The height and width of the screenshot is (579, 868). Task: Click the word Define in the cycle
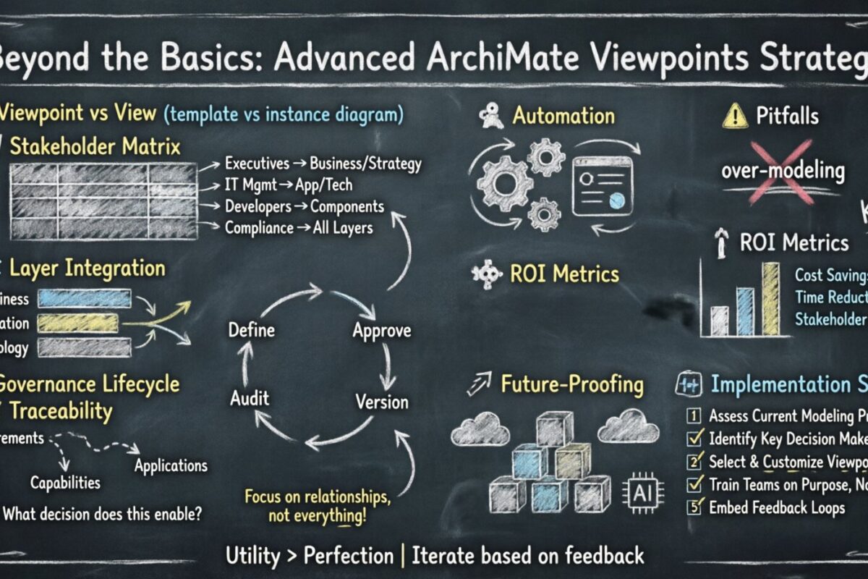252,331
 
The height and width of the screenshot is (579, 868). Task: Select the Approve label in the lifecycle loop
381,331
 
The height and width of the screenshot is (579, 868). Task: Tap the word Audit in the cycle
250,397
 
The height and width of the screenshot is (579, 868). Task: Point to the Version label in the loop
382,401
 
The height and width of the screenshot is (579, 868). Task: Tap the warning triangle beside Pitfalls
735,116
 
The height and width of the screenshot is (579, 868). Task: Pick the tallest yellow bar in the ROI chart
771,298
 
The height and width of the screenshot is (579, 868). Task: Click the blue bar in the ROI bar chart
745,311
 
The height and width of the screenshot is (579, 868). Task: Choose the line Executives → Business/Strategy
323,164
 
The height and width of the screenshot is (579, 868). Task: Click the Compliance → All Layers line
299,228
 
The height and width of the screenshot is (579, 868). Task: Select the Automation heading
563,116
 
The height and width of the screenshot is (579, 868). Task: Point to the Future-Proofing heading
571,384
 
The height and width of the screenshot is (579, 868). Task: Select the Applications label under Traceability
171,465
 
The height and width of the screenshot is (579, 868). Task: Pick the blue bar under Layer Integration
84,298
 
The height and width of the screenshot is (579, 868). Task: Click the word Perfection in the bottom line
348,556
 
